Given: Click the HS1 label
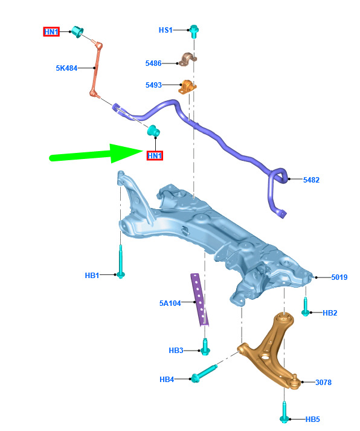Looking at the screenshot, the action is (x=166, y=30).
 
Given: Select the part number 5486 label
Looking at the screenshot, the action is (x=153, y=63).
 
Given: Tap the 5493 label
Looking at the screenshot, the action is (x=153, y=85).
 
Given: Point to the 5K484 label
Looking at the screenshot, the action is (x=66, y=68).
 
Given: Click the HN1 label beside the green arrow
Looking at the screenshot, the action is (x=155, y=156).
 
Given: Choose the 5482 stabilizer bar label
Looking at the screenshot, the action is (x=311, y=180).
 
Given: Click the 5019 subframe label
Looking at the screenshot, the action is (x=339, y=277).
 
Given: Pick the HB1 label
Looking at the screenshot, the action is (x=92, y=275).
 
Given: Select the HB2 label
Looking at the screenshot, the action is (x=330, y=313).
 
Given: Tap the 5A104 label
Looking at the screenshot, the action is (x=170, y=303).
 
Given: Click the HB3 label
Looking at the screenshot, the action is (x=176, y=351).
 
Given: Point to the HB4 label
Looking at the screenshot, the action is (x=167, y=380).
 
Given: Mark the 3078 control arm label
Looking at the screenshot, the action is (x=323, y=383).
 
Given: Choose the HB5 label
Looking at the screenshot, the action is (x=312, y=419).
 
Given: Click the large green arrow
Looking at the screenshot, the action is (x=96, y=155).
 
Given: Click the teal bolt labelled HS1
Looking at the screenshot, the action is (x=194, y=31).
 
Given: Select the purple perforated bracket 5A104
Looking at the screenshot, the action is (x=200, y=300).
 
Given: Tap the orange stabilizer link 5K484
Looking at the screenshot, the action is (x=96, y=69).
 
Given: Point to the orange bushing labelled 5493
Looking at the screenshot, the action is (x=188, y=86).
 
